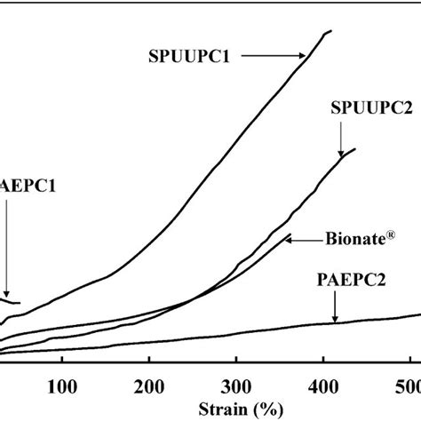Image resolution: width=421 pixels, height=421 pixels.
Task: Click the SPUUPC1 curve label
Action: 189,55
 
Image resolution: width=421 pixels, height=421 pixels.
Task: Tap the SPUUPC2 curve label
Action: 370,108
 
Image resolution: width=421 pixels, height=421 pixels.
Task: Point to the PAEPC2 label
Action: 353,282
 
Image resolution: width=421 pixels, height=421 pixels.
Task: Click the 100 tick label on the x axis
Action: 61,388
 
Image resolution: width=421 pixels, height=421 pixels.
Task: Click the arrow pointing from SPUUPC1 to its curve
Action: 271,55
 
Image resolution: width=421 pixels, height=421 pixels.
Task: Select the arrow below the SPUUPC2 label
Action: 341,140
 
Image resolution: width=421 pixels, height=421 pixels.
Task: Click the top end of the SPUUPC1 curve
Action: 330,31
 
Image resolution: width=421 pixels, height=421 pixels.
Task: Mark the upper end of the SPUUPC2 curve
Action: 355,149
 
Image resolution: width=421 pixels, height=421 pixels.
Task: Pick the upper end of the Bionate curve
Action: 290,235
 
